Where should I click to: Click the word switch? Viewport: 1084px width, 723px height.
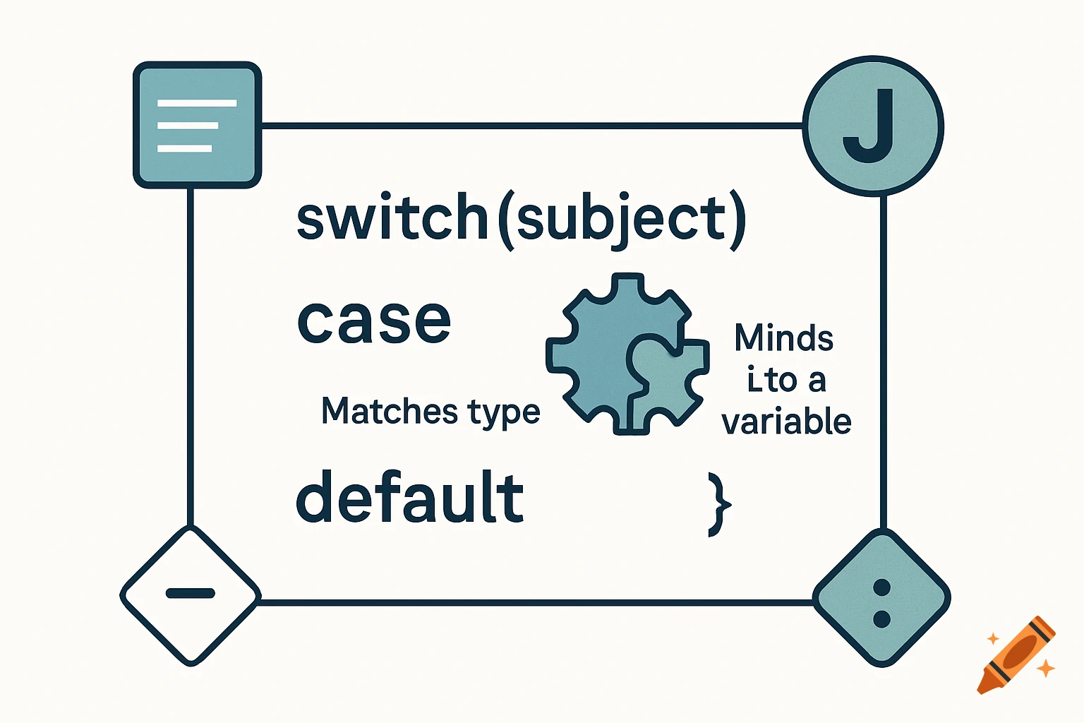click(x=392, y=217)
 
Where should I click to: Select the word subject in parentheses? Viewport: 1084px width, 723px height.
click(x=621, y=219)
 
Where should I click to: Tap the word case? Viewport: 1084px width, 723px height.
click(x=373, y=321)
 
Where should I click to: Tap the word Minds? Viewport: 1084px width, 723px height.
click(x=783, y=337)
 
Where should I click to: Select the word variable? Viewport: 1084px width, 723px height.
click(x=786, y=422)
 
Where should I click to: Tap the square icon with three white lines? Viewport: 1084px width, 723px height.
click(x=198, y=125)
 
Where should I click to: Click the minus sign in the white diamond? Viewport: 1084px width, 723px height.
click(x=190, y=593)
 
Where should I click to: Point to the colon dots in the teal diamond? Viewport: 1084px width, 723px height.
click(x=881, y=603)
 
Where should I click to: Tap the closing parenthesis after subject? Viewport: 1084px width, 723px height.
click(x=737, y=220)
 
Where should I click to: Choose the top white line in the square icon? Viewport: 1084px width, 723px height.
click(x=197, y=103)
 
